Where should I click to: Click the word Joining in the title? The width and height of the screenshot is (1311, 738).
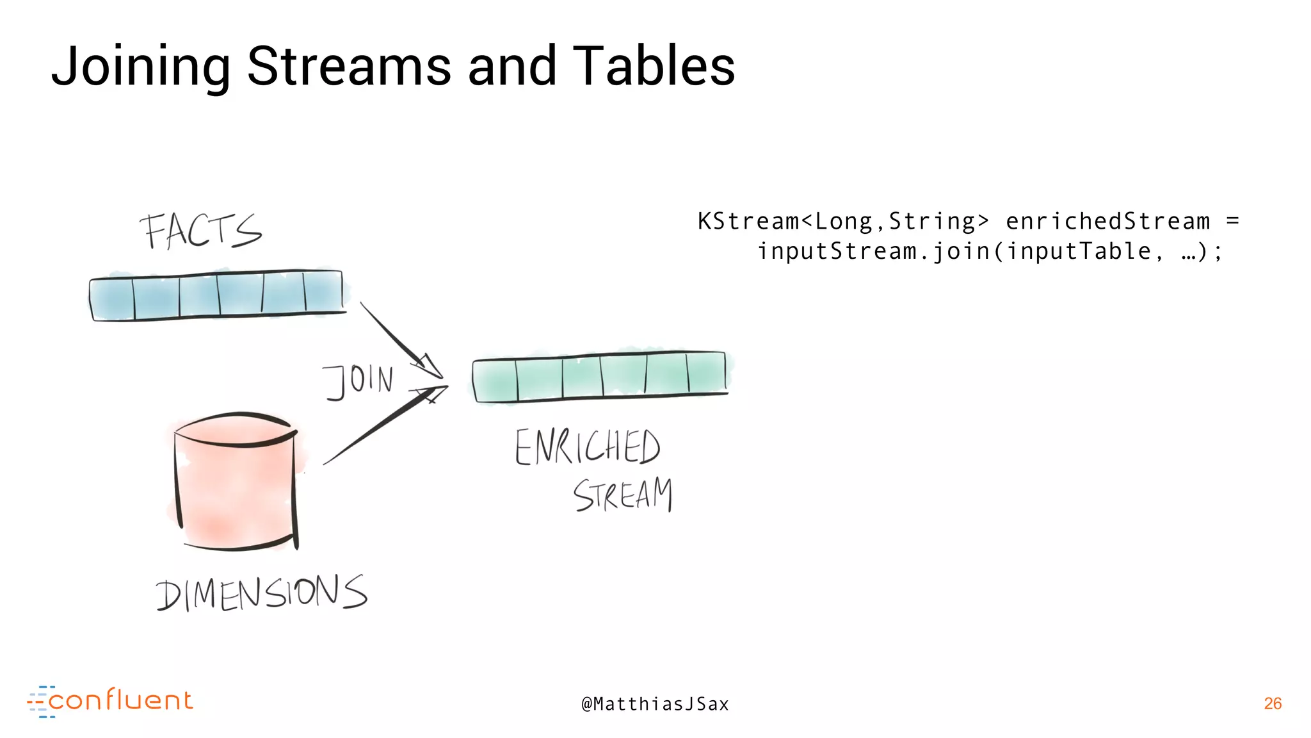click(140, 67)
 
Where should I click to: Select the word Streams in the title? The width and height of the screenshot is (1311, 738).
click(349, 67)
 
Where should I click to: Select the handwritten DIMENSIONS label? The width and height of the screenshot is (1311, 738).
click(261, 593)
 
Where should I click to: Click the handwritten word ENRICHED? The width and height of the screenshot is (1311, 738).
click(587, 447)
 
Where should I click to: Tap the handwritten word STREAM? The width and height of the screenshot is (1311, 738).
click(622, 495)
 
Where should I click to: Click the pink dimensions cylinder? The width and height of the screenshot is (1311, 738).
click(236, 484)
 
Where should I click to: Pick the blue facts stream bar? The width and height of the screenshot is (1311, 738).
click(217, 295)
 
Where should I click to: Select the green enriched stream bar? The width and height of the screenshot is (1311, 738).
click(600, 377)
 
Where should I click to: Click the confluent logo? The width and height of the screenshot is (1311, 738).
click(110, 701)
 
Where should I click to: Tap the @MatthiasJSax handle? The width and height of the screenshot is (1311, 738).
click(655, 704)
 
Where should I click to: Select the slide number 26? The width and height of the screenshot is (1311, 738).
click(1273, 703)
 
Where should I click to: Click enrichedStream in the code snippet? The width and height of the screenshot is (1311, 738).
click(1107, 222)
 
